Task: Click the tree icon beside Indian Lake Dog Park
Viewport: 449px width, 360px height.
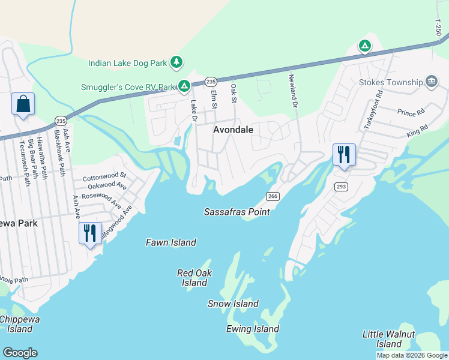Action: coord(176,62)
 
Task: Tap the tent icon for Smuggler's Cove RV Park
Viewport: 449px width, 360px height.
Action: coord(184,87)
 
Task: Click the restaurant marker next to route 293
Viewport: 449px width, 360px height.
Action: coord(344,154)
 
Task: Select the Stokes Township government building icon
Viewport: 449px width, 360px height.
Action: coord(430,82)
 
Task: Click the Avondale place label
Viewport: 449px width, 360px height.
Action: coord(234,130)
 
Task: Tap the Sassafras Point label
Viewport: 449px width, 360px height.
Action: coord(237,212)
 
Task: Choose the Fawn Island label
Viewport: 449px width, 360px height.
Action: coord(171,242)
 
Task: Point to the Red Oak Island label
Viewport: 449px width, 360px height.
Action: coord(194,277)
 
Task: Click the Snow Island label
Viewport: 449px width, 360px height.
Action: coord(233,304)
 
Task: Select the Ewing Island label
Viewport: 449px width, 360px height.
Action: coord(252,329)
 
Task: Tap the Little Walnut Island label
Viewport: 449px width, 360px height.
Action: coord(388,339)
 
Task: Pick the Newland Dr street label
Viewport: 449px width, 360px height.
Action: coord(294,87)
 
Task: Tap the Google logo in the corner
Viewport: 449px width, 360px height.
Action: coord(20,353)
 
